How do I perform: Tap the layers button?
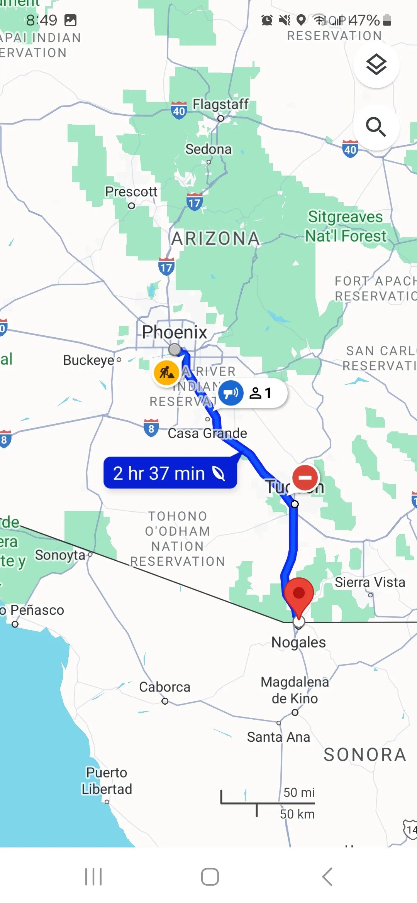tap(376, 65)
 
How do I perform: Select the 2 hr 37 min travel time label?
tap(170, 473)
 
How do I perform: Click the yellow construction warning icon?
tap(166, 373)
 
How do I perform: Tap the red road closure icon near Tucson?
tap(305, 478)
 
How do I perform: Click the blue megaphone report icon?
tap(231, 393)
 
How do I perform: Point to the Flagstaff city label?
tap(220, 104)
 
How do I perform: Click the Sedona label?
tap(208, 149)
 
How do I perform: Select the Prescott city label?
tap(131, 191)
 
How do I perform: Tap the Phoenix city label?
tap(175, 332)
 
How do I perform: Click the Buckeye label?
tap(89, 360)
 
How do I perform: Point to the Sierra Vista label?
tap(370, 582)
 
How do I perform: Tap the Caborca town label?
tap(164, 687)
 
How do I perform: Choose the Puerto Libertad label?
tap(107, 781)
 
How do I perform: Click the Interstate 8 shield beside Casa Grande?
tap(151, 428)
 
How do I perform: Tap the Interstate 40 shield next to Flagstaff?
tap(179, 111)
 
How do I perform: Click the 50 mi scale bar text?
tap(299, 793)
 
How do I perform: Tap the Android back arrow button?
tap(327, 877)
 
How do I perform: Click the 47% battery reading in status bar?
tap(364, 20)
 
